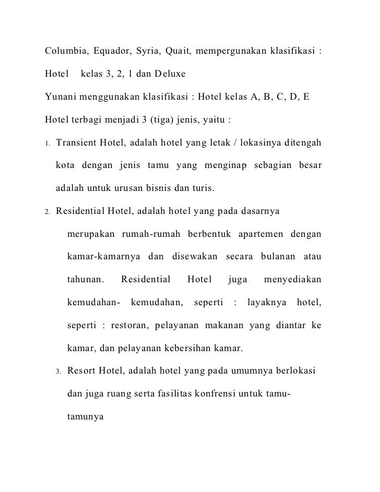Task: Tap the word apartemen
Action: [259, 234]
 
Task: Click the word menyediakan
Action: [292, 280]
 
